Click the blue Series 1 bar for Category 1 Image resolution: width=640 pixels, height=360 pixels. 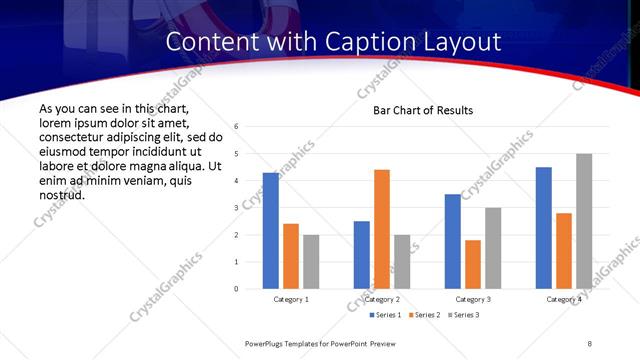[271, 231]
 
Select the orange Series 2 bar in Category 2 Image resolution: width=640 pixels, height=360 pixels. [382, 229]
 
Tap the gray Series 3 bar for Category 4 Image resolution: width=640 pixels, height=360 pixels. [584, 221]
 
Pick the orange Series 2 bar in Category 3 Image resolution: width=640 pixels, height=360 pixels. [473, 264]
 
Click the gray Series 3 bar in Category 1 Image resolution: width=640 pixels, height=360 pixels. [311, 262]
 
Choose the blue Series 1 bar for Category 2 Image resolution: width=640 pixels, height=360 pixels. [362, 255]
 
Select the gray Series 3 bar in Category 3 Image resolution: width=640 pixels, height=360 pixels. [493, 248]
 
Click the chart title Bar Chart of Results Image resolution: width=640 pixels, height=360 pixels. [423, 110]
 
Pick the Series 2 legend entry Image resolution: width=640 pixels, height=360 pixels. [425, 315]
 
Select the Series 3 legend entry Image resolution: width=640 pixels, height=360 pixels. [464, 315]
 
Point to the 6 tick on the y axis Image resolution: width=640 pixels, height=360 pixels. [236, 127]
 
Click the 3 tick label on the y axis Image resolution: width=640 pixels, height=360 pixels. [236, 208]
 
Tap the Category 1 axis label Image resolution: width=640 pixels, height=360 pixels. [291, 299]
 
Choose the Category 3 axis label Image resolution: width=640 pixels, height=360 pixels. [473, 299]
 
